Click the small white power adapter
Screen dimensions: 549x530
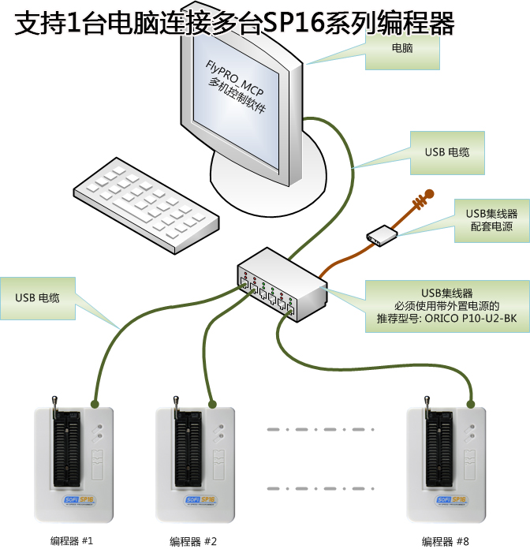tap(382, 235)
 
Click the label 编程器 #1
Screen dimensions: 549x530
tap(72, 541)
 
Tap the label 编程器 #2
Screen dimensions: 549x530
tap(192, 541)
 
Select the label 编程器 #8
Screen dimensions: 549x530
tap(446, 541)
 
